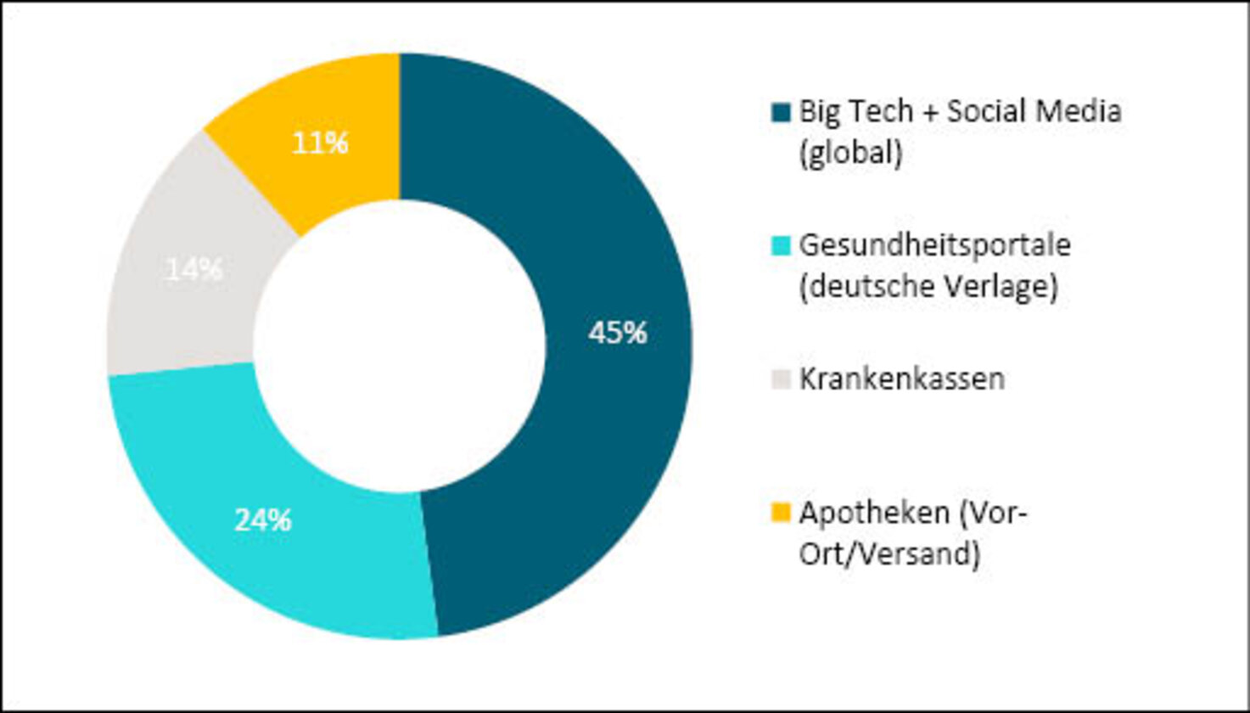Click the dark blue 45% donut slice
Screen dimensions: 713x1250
click(594, 255)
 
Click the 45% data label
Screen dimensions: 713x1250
click(618, 334)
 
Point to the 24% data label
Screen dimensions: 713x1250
click(263, 519)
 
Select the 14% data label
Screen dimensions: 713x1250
click(194, 270)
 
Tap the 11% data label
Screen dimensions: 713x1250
click(320, 143)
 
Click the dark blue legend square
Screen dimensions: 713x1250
click(781, 113)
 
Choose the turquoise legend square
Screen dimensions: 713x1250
click(781, 246)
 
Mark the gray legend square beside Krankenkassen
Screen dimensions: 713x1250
click(781, 379)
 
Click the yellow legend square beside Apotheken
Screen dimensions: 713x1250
click(781, 514)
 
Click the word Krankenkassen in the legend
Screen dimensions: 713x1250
click(902, 379)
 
